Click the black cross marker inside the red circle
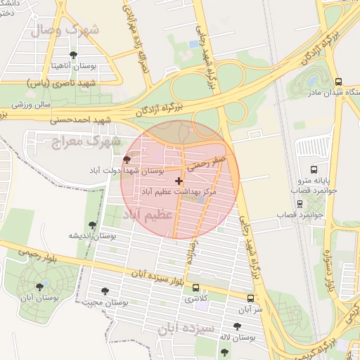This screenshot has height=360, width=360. pyautogui.click(x=179, y=181)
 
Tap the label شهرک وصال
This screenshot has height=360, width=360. pyautogui.click(x=65, y=30)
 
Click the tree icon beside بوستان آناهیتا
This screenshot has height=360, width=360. pyautogui.click(x=73, y=54)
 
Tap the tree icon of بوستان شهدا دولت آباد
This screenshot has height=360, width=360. pyautogui.click(x=127, y=160)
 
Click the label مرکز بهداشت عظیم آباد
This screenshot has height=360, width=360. pyautogui.click(x=188, y=191)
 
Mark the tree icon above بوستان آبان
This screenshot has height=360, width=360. pyautogui.click(x=39, y=287)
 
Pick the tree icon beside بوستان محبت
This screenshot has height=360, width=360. pyautogui.click(x=105, y=291)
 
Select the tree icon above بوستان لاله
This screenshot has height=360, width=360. pyautogui.click(x=237, y=326)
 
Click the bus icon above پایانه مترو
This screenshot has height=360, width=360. pyautogui.click(x=313, y=169)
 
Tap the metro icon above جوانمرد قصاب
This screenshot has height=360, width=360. pyautogui.click(x=301, y=204)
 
